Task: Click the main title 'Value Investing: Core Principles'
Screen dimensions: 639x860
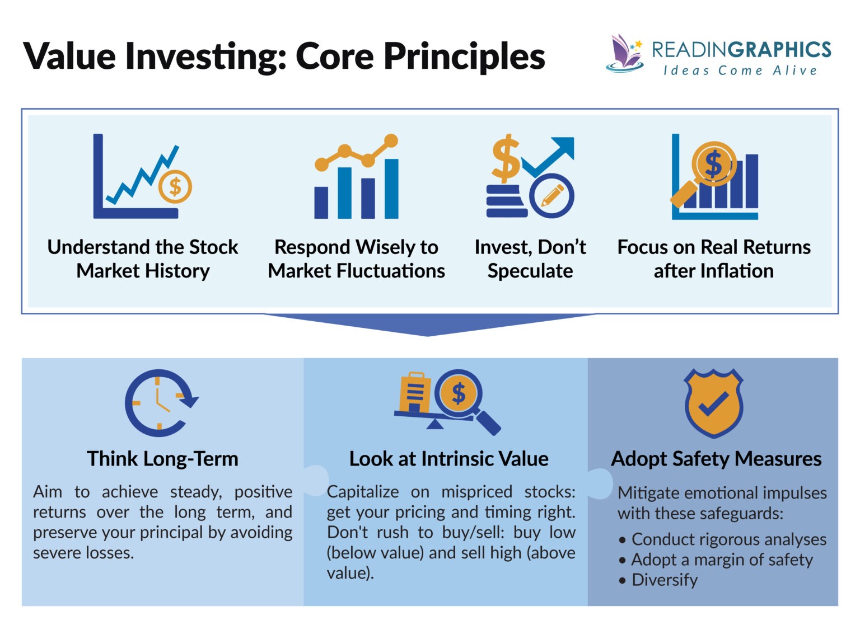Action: (284, 57)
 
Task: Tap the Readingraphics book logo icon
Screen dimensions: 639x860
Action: (625, 54)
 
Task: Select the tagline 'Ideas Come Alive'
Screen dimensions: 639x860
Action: (740, 71)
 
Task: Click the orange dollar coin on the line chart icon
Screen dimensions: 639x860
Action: (175, 186)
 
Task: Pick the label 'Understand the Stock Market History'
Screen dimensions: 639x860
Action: (143, 259)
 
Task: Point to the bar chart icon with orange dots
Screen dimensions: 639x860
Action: (357, 177)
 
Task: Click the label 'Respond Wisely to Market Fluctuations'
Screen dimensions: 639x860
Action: (356, 259)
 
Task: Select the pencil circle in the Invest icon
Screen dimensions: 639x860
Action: (551, 196)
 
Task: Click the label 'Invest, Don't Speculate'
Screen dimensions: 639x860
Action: (530, 259)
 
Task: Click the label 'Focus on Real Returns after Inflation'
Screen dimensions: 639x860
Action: (713, 259)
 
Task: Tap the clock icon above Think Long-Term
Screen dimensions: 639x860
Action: (160, 402)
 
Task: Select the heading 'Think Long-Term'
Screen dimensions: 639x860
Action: (162, 459)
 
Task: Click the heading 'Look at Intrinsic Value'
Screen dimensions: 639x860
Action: (448, 459)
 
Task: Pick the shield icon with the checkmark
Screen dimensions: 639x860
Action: (713, 403)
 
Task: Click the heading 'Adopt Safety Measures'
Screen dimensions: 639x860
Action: (716, 459)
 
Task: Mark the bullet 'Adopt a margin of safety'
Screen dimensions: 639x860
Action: (721, 560)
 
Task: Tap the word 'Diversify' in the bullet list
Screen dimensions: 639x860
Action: (665, 580)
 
